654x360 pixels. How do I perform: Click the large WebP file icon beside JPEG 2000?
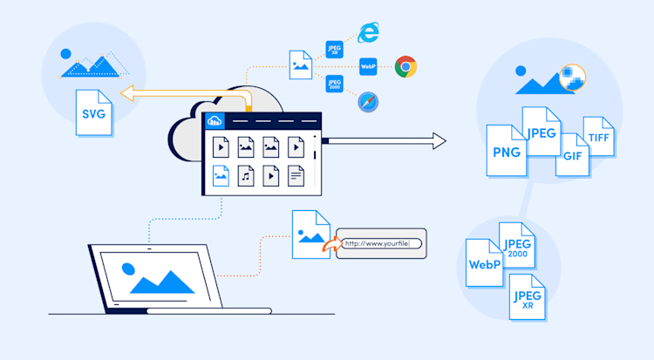point(486,263)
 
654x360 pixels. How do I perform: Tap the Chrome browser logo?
point(405,66)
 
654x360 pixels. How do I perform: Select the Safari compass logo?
point(367,101)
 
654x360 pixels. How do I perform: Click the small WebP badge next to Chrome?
point(368,66)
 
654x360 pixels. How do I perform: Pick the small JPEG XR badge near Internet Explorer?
point(332,49)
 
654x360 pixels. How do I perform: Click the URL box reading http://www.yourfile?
point(380,244)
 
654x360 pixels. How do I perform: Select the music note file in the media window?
point(247,177)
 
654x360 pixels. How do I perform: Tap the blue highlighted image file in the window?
point(221,177)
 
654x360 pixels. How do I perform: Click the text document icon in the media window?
point(297,177)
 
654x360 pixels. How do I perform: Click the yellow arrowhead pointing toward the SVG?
point(126,93)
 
